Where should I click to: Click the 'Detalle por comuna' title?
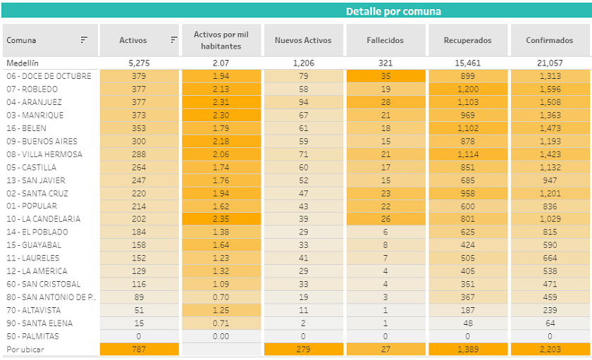click(393, 11)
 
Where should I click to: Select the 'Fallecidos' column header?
click(386, 40)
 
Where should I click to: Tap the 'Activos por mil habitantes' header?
click(221, 40)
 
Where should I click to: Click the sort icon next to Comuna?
click(84, 40)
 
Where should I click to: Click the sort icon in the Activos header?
click(173, 40)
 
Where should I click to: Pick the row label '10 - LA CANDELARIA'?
click(42, 219)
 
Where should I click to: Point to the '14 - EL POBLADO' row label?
click(37, 232)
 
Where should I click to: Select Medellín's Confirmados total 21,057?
click(550, 63)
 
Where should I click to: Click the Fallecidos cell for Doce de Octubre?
click(386, 76)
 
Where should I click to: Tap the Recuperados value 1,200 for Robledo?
click(467, 89)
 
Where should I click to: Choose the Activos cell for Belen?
click(139, 128)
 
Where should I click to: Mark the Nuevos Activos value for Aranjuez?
click(303, 102)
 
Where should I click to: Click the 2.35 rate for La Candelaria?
click(221, 219)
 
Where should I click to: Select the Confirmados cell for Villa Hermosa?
click(550, 154)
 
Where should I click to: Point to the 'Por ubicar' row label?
click(23, 349)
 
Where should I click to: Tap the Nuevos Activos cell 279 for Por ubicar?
click(303, 349)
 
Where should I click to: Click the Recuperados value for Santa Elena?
click(467, 323)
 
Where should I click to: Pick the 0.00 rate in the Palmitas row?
click(221, 336)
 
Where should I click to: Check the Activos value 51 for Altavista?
click(139, 310)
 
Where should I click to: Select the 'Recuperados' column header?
click(467, 40)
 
